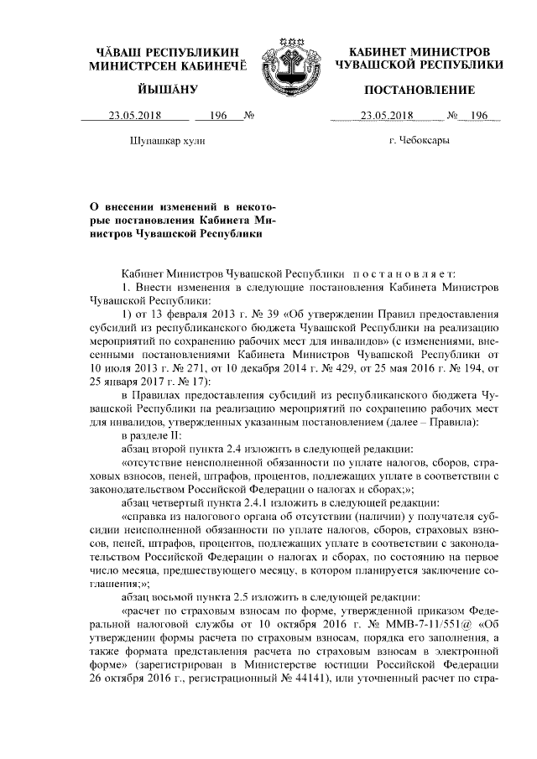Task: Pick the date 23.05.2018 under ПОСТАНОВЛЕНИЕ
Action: [387, 116]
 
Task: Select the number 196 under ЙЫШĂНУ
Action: [219, 116]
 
